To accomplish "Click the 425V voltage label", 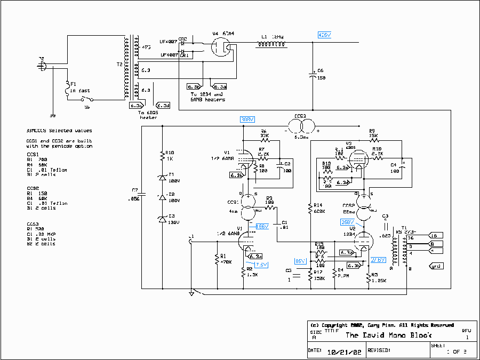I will [324, 35].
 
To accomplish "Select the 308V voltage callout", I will [247, 119].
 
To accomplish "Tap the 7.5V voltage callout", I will [261, 265].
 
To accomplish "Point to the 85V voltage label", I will [300, 261].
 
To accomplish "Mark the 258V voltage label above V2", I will [348, 222].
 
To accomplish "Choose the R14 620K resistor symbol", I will [310, 208].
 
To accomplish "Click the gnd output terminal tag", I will [435, 265].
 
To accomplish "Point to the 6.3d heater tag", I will [163, 106].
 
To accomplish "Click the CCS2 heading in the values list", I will [33, 188].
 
